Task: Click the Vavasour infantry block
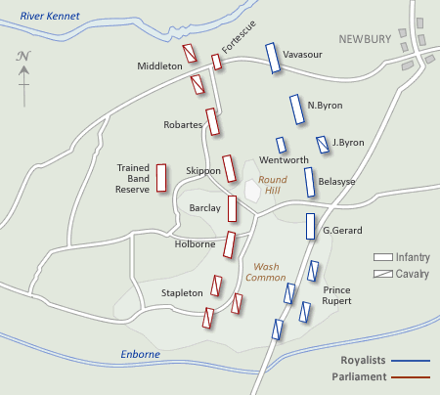[x=272, y=58]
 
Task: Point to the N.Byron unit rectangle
[x=296, y=109]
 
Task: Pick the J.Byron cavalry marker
[x=323, y=145]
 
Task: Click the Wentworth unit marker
[x=282, y=145]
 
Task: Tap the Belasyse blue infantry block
[x=309, y=182]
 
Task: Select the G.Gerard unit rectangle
[x=311, y=227]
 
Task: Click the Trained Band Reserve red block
[x=162, y=176]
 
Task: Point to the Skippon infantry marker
[x=229, y=168]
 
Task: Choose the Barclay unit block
[x=233, y=208]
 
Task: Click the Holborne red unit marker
[x=231, y=243]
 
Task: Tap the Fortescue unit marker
[x=216, y=63]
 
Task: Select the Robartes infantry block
[x=212, y=122]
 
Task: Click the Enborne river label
[x=139, y=354]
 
